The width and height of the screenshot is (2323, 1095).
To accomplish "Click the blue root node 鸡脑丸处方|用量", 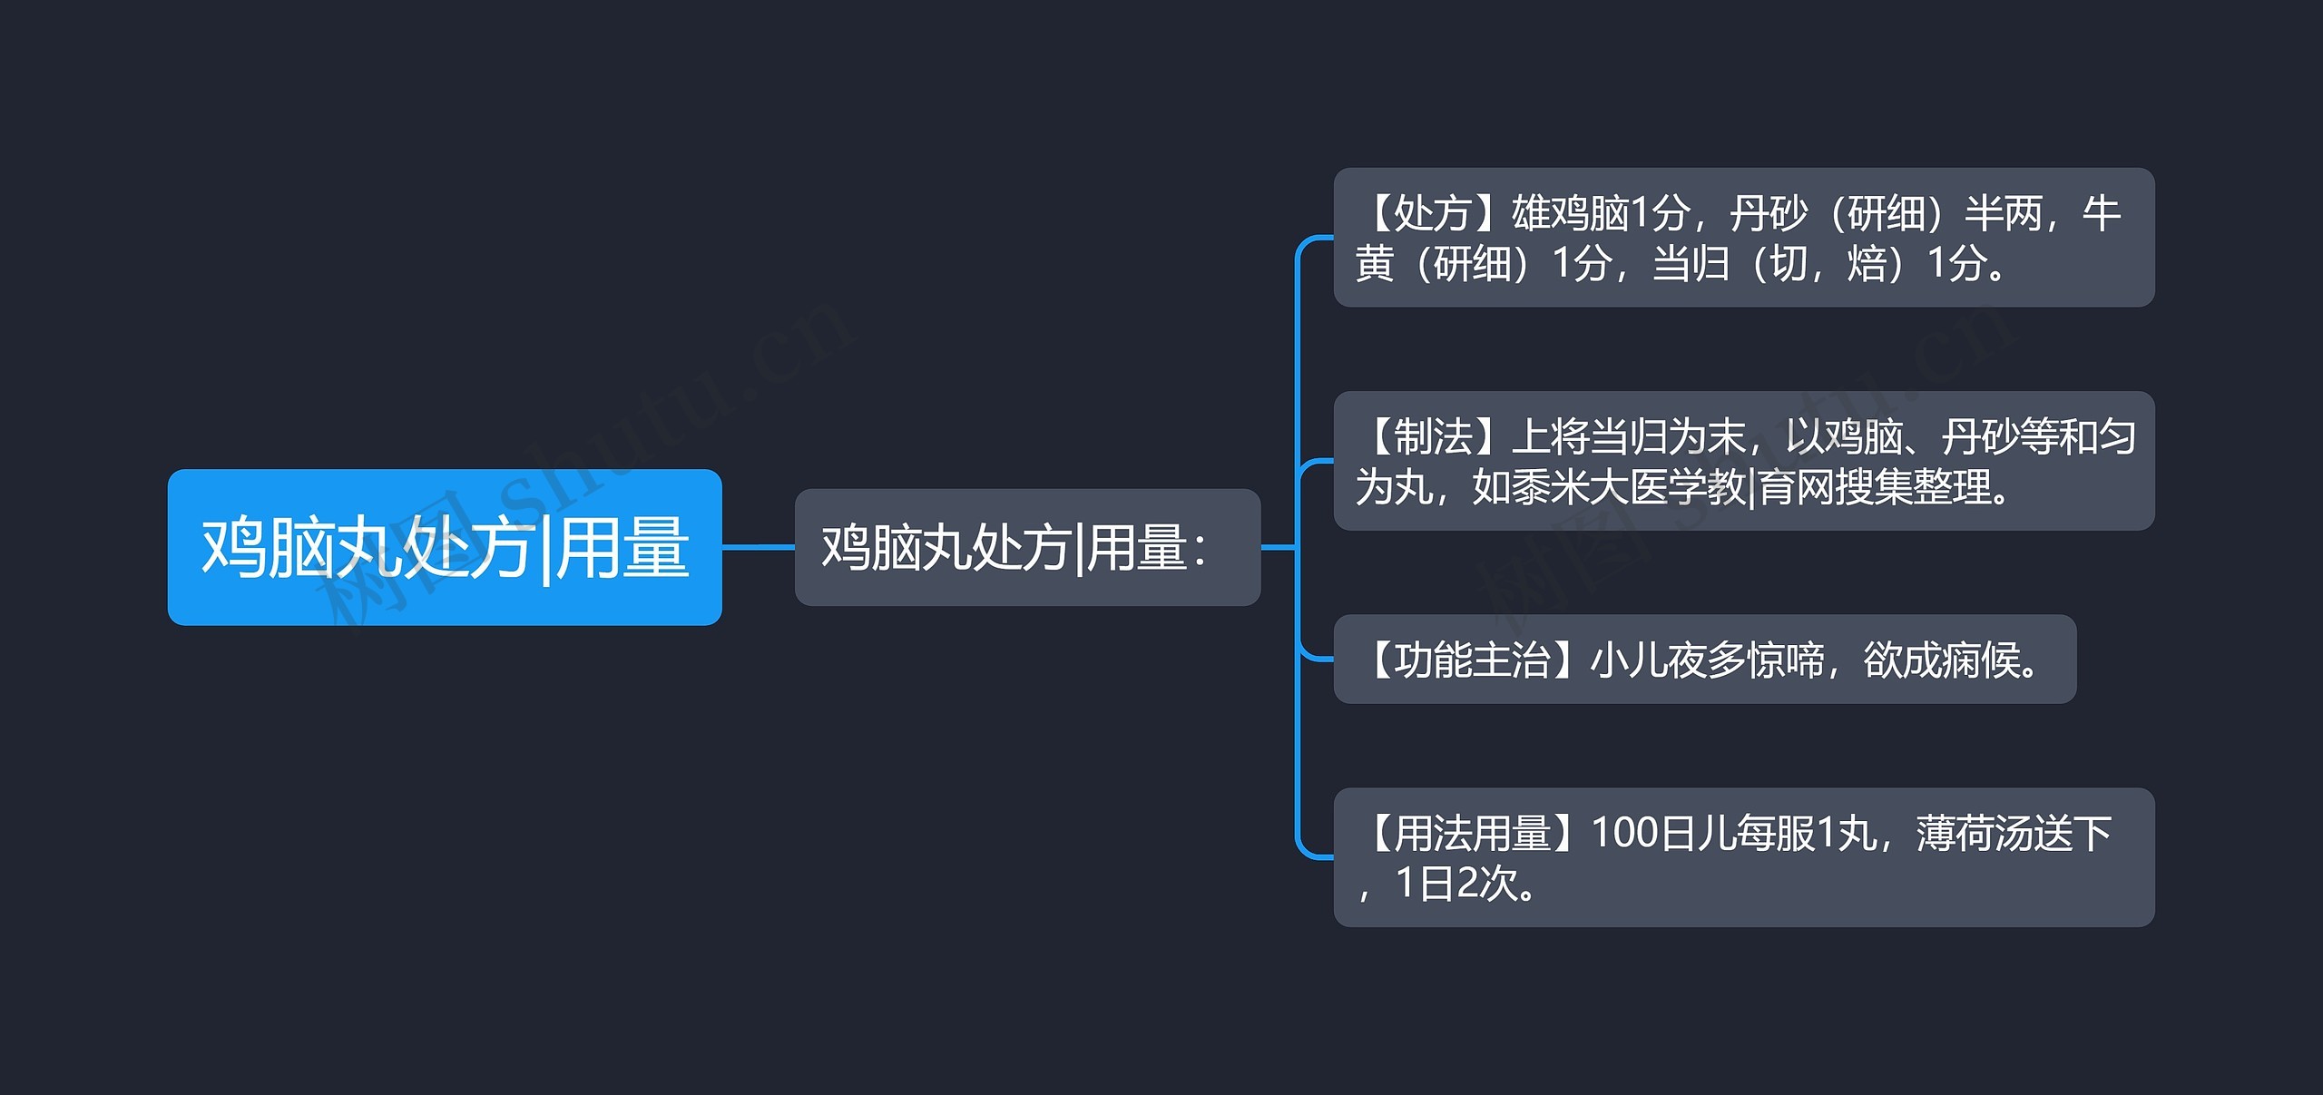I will [444, 546].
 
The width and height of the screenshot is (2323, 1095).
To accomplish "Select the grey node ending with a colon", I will [1026, 547].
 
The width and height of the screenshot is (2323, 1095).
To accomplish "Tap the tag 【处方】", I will [1432, 214].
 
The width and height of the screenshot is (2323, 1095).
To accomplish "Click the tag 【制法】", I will [1432, 437].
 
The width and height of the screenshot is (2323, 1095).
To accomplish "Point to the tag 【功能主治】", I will [1471, 660].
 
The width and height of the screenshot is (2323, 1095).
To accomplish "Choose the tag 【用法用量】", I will [1471, 833].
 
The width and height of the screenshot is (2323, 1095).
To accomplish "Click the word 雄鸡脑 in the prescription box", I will [1570, 214].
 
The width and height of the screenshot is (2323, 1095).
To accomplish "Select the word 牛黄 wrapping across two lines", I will [2100, 214].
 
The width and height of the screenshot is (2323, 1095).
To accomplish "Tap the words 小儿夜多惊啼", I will [1706, 660].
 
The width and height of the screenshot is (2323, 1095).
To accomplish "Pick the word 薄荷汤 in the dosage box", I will [1975, 833].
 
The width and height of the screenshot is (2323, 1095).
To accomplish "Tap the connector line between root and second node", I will [758, 547].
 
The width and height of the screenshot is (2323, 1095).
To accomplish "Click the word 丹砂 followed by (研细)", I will [1768, 214].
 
